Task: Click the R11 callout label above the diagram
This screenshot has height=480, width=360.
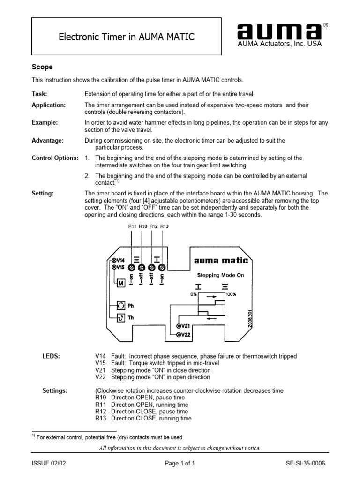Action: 132,226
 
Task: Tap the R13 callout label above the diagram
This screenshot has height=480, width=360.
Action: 164,226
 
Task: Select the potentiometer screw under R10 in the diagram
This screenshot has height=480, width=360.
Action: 141,267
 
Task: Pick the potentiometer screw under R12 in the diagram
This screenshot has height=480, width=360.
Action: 151,267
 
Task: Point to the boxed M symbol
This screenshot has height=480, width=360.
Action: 120,283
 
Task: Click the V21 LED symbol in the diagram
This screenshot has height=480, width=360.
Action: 179,326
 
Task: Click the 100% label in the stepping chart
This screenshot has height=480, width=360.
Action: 231,294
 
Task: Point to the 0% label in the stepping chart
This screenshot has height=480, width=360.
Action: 194,294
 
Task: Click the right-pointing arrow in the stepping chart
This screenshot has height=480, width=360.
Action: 212,297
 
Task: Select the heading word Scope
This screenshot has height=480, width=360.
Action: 42,67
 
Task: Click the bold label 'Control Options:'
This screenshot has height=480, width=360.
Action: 55,158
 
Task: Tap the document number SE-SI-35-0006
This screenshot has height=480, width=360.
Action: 305,463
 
